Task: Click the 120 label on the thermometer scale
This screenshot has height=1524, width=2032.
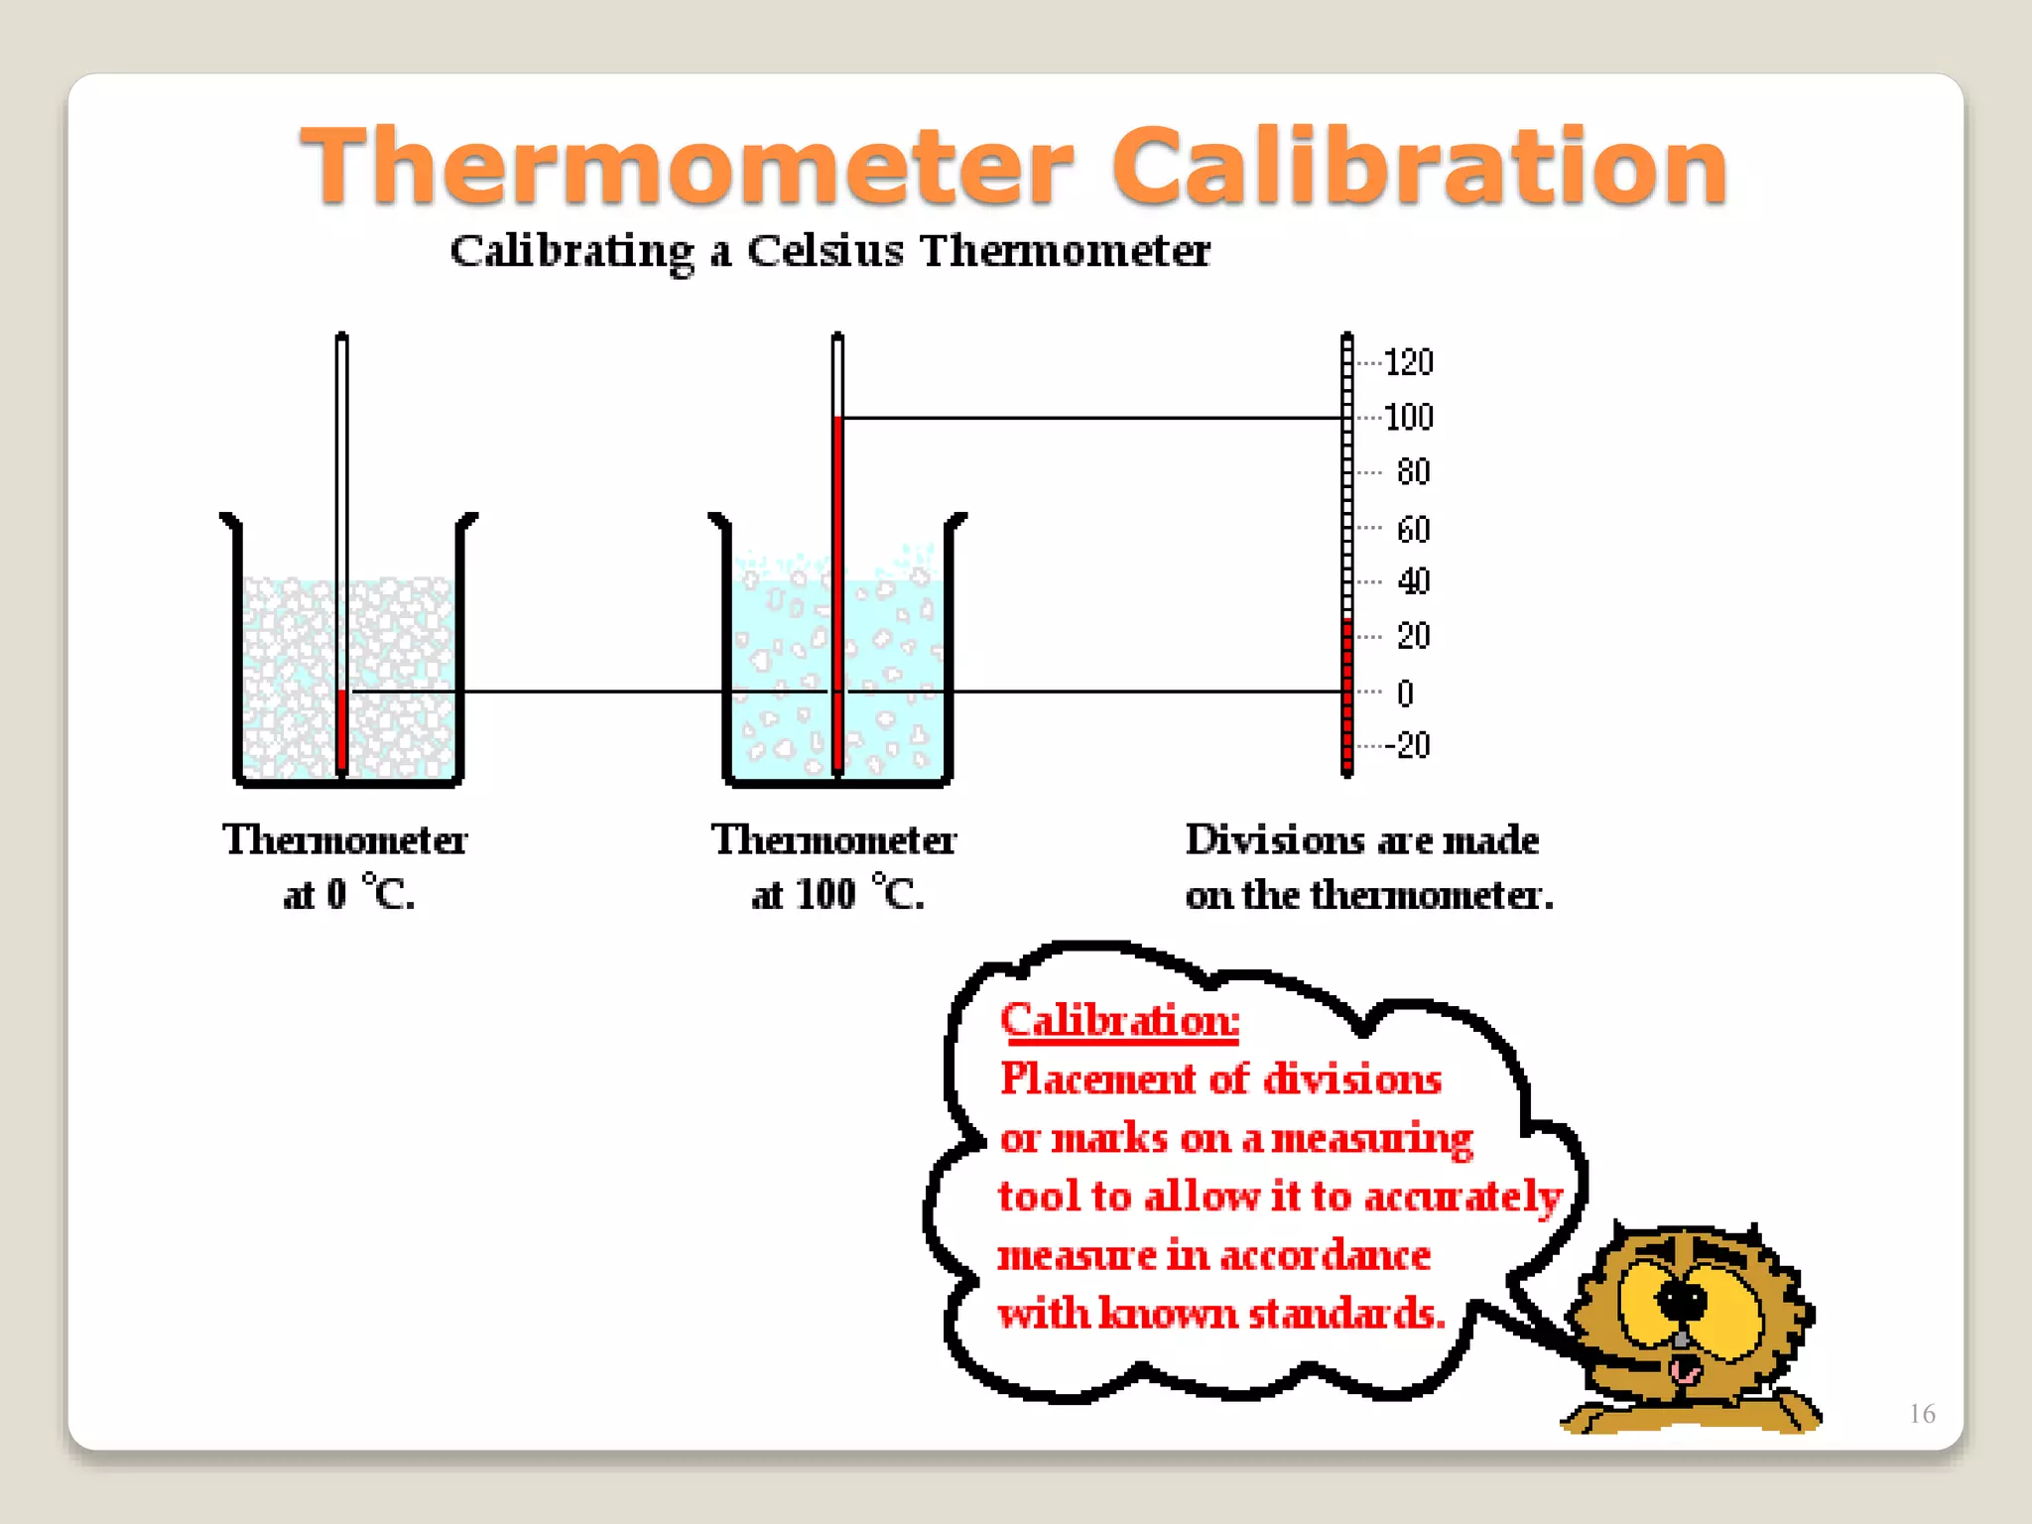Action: click(x=1408, y=363)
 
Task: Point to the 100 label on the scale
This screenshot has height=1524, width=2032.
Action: click(x=1408, y=418)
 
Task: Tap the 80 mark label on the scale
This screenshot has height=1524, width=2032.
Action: click(x=1413, y=472)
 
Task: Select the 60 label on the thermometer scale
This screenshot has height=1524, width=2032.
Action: click(x=1413, y=530)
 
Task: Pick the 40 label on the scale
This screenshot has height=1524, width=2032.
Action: click(x=1413, y=581)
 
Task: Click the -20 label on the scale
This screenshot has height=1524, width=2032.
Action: click(x=1408, y=745)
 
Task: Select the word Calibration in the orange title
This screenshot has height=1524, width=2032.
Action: click(x=1420, y=167)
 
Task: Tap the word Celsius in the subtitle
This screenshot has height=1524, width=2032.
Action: click(x=825, y=251)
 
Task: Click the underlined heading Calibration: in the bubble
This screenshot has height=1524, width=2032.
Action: click(x=1119, y=1020)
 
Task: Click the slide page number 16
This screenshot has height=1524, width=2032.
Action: click(x=1922, y=1413)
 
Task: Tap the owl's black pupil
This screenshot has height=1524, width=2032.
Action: click(x=1682, y=1301)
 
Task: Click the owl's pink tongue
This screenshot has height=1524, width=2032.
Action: click(x=1684, y=1372)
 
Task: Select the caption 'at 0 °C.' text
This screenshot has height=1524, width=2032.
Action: click(x=348, y=894)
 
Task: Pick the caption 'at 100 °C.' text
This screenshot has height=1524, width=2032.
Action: click(x=837, y=894)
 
